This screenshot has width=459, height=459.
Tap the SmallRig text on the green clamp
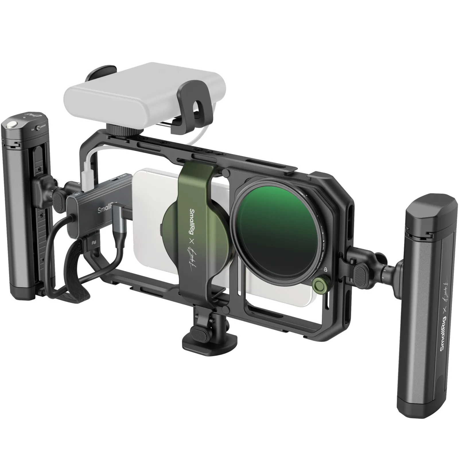point(192,221)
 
